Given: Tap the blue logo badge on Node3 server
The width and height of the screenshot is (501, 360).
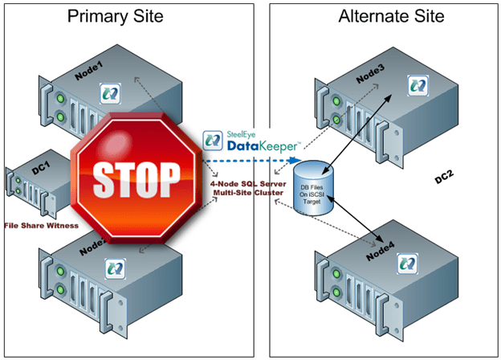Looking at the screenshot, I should (417, 83).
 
